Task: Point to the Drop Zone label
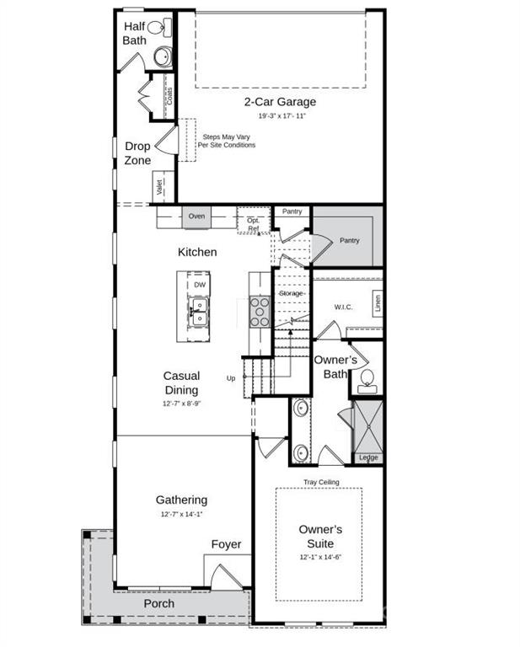coord(137,153)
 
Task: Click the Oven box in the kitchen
coord(196,217)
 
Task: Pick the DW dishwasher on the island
coord(200,285)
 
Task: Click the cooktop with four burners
coord(260,311)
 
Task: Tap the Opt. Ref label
coord(253,224)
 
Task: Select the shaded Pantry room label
coord(349,240)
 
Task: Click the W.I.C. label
coord(343,307)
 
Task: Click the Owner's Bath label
coord(335,366)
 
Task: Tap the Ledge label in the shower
coord(368,457)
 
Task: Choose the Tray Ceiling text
coord(321,482)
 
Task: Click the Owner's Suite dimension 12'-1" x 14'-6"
coord(320,558)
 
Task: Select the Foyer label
coord(226,544)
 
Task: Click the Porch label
coord(158,603)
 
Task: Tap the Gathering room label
coord(181,500)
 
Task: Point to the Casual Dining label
coord(181,383)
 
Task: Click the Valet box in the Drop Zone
coord(159,188)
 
